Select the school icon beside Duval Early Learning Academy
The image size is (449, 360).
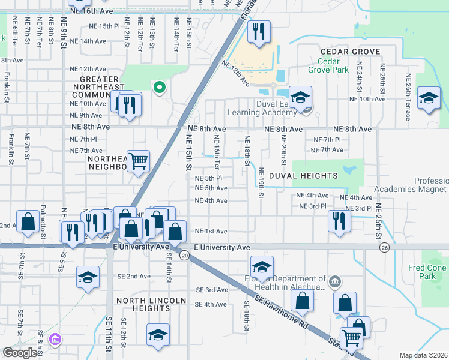tap(300, 97)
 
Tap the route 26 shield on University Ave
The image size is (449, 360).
tap(384, 247)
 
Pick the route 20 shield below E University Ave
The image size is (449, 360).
tap(184, 256)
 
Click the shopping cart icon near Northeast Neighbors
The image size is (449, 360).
tap(138, 161)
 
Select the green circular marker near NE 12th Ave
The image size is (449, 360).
tap(159, 88)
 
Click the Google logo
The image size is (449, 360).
tap(20, 353)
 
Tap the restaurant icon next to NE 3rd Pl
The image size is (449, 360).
tap(339, 220)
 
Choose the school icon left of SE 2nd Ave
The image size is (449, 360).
tap(88, 277)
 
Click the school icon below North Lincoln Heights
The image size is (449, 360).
tap(158, 334)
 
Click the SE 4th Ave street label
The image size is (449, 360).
tap(206, 305)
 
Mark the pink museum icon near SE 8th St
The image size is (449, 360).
tap(55, 340)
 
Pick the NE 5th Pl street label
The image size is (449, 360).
tap(209, 178)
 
